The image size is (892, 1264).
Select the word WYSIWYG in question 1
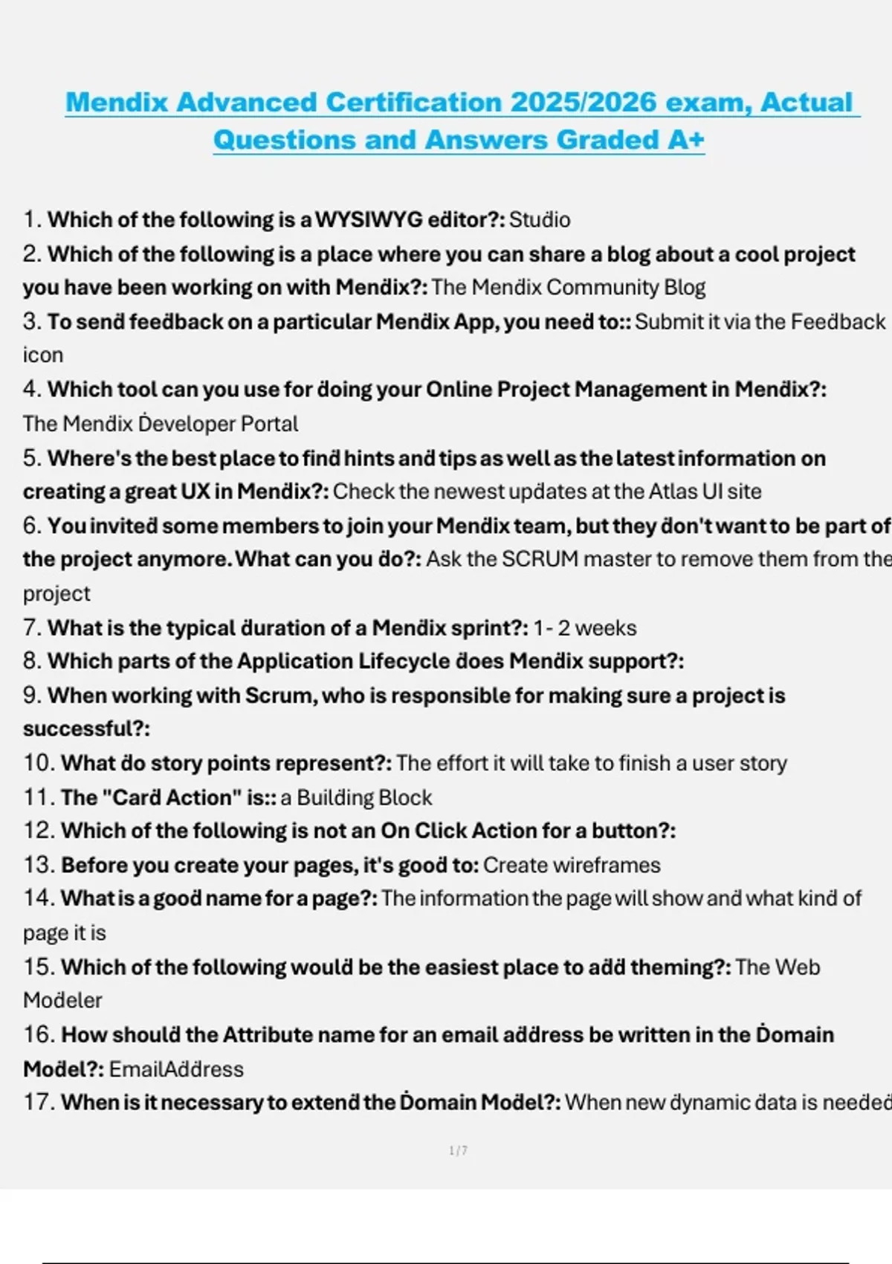pos(369,220)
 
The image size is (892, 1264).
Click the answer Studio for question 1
pos(540,220)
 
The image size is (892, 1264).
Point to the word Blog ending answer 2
pos(685,288)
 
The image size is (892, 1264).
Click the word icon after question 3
pos(42,355)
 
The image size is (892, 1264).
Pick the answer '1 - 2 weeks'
pos(585,628)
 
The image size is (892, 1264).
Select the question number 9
pos(31,696)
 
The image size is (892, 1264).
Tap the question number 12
pos(39,831)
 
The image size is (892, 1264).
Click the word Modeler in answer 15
pos(62,1001)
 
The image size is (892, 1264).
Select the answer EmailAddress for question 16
pos(176,1069)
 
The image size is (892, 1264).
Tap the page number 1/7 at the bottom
pos(458,1151)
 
